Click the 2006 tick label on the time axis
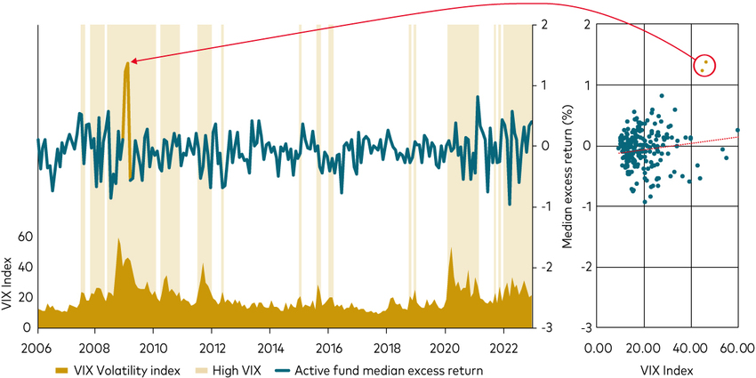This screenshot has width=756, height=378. tap(37, 346)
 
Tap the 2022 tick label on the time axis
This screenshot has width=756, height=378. tap(504, 346)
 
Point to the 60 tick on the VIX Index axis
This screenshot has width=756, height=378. tap(25, 237)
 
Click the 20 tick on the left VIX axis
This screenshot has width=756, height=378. tap(25, 298)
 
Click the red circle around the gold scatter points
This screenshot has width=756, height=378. tap(704, 65)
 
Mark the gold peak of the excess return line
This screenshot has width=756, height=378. tap(127, 64)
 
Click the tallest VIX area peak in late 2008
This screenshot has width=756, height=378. tap(118, 240)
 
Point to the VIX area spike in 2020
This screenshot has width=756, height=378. tap(452, 249)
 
